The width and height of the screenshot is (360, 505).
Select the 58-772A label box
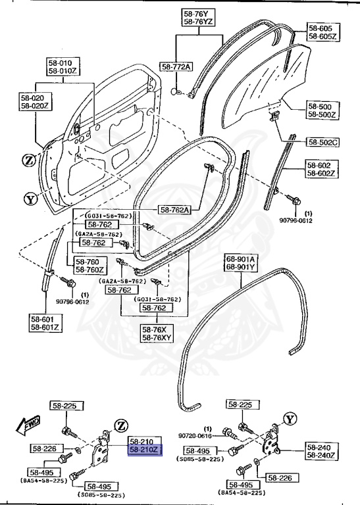(176, 67)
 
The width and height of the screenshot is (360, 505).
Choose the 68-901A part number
(242, 258)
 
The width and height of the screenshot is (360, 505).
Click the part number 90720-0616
(194, 435)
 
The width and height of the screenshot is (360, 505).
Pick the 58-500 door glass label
(322, 106)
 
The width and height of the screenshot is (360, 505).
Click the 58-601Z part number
(44, 327)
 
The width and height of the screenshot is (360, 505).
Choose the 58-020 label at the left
(35, 97)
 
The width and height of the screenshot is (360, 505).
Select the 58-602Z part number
(322, 174)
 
